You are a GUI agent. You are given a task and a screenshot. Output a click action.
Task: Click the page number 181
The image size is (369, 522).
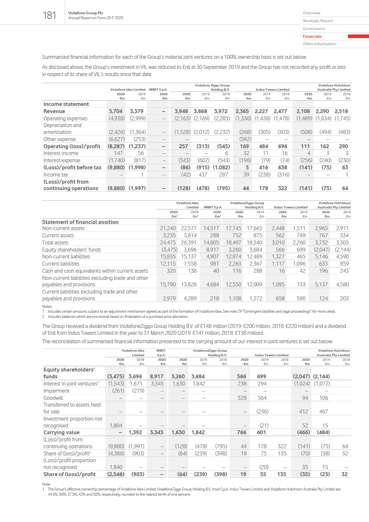pyautogui.click(x=49, y=15)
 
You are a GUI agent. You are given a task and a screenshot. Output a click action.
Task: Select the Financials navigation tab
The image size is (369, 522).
pyautogui.click(x=312, y=36)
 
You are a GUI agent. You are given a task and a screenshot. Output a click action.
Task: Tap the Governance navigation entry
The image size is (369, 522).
pyautogui.click(x=314, y=29)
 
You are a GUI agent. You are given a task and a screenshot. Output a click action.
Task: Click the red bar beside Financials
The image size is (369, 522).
pyautogui.click(x=358, y=36)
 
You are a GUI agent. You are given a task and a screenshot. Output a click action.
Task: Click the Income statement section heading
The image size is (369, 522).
pyautogui.click(x=66, y=104)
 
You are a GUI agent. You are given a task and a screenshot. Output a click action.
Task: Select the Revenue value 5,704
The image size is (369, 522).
pyautogui.click(x=116, y=111)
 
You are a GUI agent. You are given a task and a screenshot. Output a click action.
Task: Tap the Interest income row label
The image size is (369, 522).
pyautogui.click(x=61, y=153)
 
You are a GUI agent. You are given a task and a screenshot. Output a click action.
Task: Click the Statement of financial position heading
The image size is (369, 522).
pyautogui.click(x=80, y=222)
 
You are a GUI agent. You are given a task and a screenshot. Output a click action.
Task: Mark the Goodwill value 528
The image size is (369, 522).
pyautogui.click(x=242, y=398)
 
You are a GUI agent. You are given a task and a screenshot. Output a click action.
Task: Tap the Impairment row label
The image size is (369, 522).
pyautogui.click(x=57, y=391)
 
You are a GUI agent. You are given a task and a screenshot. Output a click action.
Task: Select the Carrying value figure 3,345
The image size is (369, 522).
pyautogui.click(x=157, y=432)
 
